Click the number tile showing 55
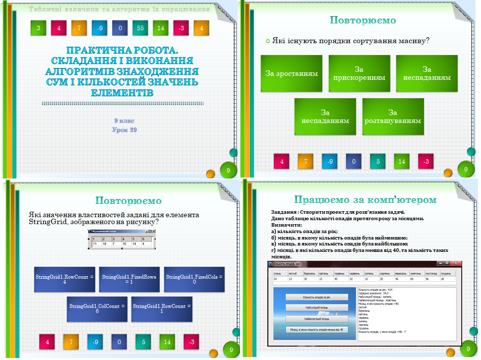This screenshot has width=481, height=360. click(140, 28)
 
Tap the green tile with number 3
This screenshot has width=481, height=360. click(38, 28)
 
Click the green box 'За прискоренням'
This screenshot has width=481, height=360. click(359, 73)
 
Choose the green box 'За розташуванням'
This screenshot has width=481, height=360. click(393, 117)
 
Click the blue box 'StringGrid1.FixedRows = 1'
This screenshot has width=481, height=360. click(129, 279)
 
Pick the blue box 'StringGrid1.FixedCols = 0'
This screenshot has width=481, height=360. click(194, 279)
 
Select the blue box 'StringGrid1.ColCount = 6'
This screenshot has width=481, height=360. click(97, 309)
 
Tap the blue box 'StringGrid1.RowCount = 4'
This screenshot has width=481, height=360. click(64, 279)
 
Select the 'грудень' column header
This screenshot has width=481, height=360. click(446, 274)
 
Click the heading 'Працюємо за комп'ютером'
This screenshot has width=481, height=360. click(365, 200)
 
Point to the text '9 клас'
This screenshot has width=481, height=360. click(124, 121)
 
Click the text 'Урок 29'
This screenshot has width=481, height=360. click(124, 130)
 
